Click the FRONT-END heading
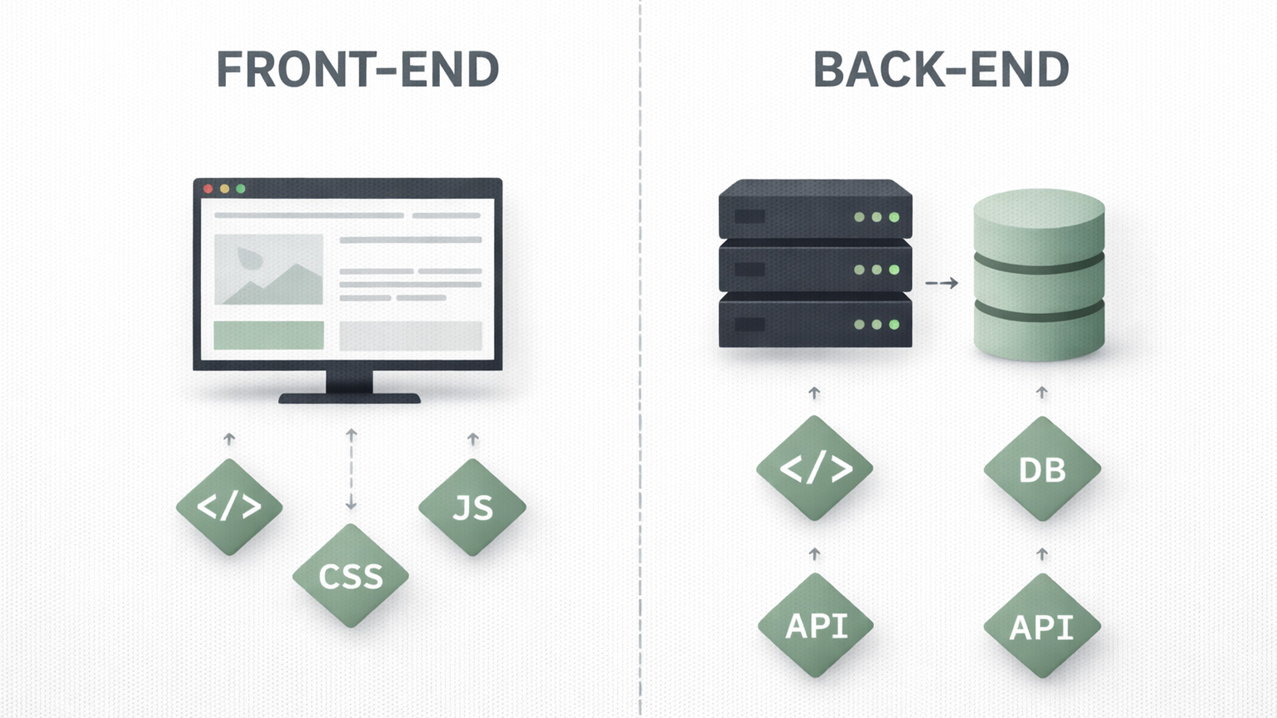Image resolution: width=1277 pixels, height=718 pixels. (x=358, y=69)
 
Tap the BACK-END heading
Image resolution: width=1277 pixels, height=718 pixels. (x=941, y=69)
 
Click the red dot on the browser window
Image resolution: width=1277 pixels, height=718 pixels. (x=209, y=189)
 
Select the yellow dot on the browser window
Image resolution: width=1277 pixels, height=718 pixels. (x=225, y=189)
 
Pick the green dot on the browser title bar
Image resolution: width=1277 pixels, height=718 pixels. (x=241, y=189)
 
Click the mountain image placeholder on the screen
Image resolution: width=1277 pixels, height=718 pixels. (x=269, y=269)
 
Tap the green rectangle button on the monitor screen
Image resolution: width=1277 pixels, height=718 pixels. (x=269, y=335)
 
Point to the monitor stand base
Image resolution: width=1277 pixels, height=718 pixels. (x=350, y=398)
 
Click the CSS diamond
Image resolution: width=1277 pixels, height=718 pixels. (x=351, y=575)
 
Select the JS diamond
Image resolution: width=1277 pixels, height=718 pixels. (x=472, y=507)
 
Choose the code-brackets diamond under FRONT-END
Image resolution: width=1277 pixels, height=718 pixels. (x=229, y=507)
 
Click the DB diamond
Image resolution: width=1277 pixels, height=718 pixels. (x=1042, y=469)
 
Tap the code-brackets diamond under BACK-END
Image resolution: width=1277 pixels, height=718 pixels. (x=815, y=468)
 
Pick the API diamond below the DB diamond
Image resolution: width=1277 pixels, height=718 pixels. (x=1042, y=626)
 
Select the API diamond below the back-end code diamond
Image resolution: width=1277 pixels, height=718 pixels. (x=816, y=625)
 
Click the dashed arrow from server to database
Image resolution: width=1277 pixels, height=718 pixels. (x=942, y=283)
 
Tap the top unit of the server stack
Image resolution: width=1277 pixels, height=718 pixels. (x=815, y=210)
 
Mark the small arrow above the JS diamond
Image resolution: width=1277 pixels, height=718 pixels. (x=472, y=439)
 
